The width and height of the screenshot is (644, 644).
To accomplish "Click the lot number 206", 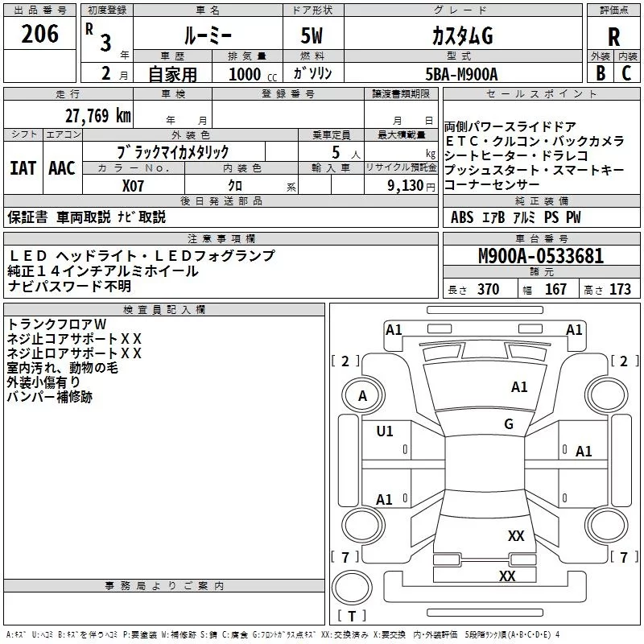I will [40, 35].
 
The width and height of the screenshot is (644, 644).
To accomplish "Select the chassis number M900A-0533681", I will [540, 256].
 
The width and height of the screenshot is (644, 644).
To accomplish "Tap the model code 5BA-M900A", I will [461, 73].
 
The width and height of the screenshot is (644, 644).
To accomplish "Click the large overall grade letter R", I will [614, 37].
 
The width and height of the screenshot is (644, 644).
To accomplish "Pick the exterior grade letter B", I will [600, 72].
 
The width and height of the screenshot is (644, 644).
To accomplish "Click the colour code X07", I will [133, 184].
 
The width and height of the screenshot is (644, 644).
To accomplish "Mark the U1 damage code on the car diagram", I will [385, 431].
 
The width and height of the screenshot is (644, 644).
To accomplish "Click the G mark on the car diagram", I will [509, 424].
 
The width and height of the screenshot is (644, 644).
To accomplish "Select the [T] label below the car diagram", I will [352, 617].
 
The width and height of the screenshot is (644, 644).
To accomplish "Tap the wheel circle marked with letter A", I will [362, 395].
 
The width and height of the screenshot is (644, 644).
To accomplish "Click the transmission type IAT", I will [23, 168].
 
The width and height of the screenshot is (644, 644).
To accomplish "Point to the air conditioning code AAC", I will [61, 168].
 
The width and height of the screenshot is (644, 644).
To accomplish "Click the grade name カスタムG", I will [462, 37].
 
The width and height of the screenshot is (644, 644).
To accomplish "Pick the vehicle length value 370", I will [488, 290].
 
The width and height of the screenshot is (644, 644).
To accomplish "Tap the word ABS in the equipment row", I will [462, 217].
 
